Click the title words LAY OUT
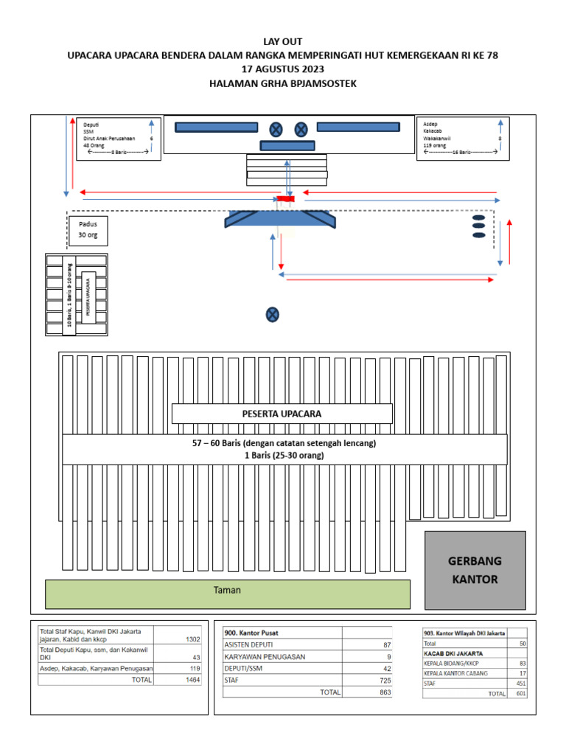[x=283, y=41]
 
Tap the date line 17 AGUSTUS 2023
[x=283, y=69]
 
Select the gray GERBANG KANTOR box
[x=475, y=570]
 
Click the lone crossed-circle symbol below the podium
[x=273, y=315]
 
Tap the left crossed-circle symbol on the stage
[x=276, y=130]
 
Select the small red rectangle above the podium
[x=285, y=199]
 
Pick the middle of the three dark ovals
[x=478, y=226]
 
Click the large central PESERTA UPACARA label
[x=282, y=414]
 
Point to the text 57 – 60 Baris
[x=221, y=443]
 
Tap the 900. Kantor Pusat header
[x=251, y=633]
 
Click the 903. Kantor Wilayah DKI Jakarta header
[x=464, y=633]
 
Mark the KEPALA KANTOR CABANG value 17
[x=521, y=673]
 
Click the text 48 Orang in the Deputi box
[x=94, y=145]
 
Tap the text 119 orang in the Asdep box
[x=435, y=145]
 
